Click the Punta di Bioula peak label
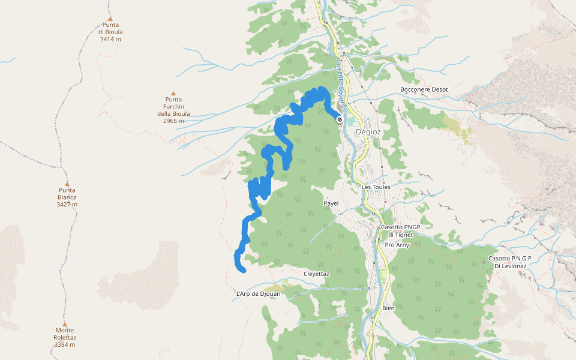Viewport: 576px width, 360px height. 110,32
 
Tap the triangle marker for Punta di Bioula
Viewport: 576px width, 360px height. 110,19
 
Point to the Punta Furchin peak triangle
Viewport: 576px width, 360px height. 173,94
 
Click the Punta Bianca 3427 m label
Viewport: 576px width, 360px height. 67,197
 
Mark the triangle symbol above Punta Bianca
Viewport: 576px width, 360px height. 67,184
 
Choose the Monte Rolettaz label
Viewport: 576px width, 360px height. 64,337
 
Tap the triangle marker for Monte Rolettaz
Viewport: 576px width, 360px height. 64,324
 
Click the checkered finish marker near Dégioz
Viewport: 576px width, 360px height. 340,119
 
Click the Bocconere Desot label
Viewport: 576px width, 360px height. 424,89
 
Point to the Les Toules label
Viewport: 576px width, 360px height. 376,187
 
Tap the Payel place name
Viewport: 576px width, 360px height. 331,203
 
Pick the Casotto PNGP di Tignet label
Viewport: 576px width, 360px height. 401,231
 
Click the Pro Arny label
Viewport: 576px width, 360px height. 397,245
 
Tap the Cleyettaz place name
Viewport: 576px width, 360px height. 317,274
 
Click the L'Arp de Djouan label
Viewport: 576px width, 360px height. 259,294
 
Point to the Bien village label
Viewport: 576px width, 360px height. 388,308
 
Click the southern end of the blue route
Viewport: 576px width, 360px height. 243,271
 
